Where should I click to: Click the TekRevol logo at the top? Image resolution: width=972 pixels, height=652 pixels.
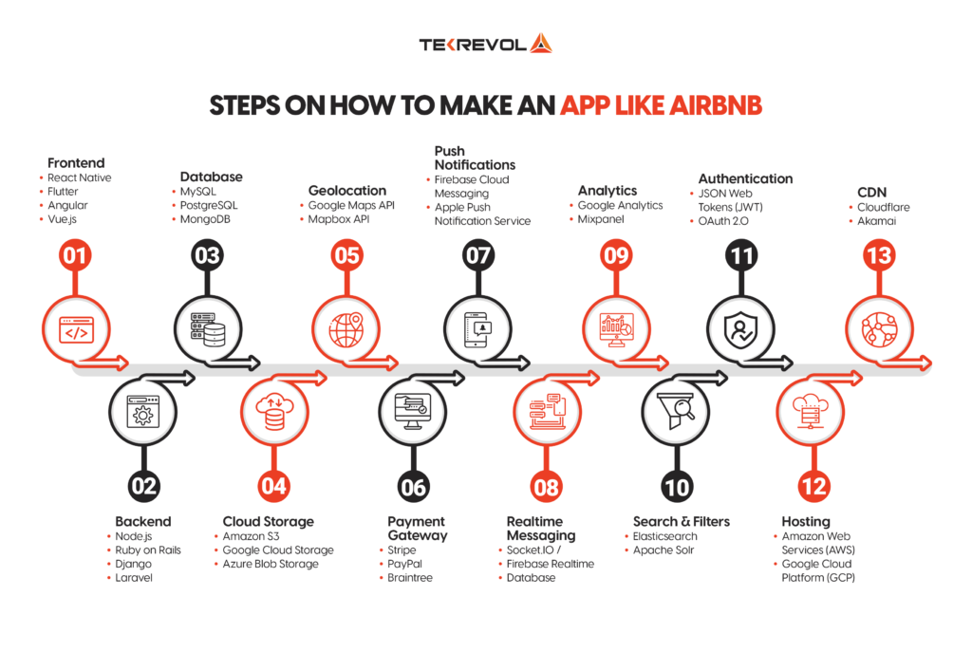(485, 44)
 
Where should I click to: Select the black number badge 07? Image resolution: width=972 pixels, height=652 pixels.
(477, 254)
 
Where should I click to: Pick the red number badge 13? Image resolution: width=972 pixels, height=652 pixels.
(879, 254)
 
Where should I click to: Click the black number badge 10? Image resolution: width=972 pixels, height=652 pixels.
(677, 487)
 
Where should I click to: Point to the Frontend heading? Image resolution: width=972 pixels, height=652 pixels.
(76, 163)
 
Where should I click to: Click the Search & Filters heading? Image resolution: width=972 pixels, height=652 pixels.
(682, 521)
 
